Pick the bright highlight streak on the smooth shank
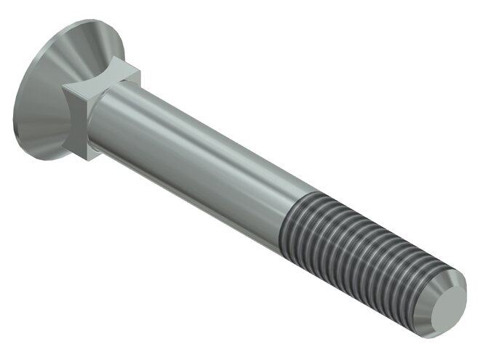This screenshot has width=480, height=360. pyautogui.click(x=196, y=131)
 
